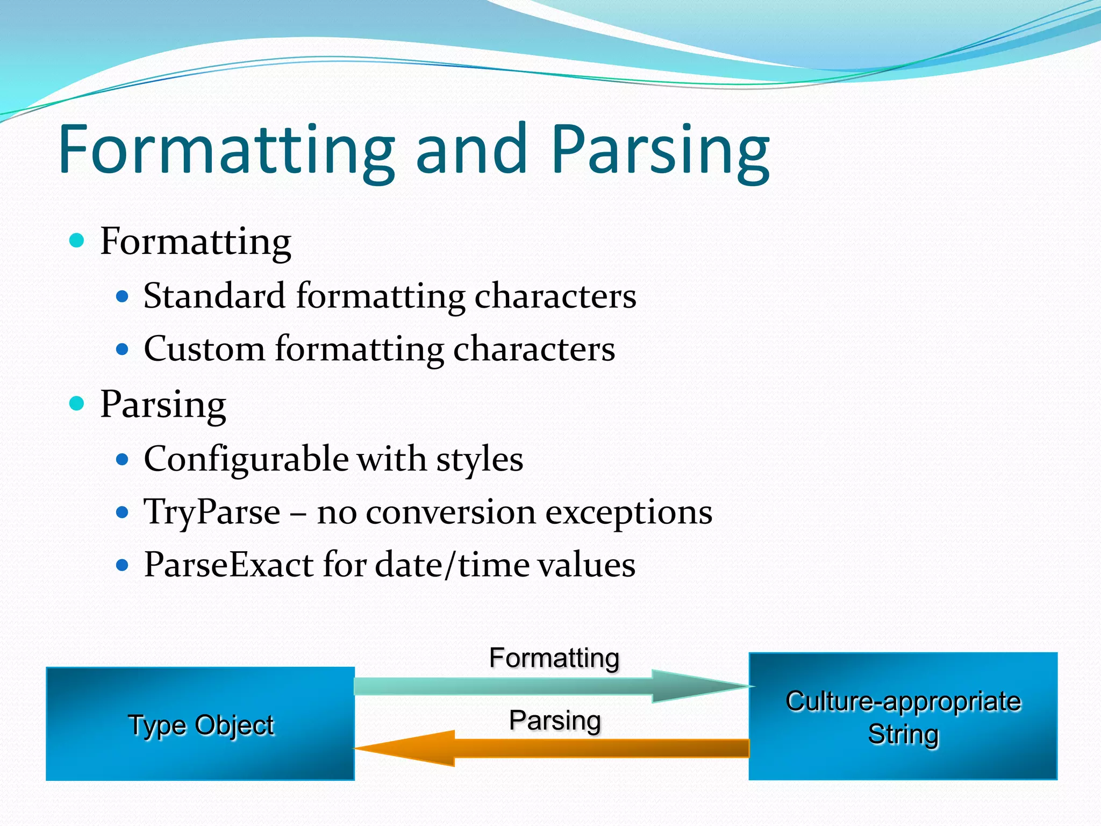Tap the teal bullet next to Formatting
tap(77, 240)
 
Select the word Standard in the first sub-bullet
tap(214, 296)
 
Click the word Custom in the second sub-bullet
tap(204, 349)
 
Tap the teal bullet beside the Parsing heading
tap(77, 403)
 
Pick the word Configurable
tap(246, 460)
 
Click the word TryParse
tap(212, 512)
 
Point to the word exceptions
tap(628, 512)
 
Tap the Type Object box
tap(200, 724)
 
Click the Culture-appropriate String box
tap(903, 716)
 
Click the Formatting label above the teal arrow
tap(554, 658)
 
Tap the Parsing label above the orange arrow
tap(554, 721)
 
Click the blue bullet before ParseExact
tap(123, 565)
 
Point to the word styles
tap(480, 460)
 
